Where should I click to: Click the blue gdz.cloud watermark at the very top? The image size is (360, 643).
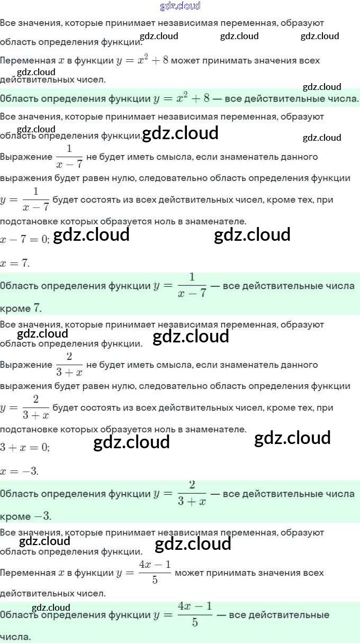[x=180, y=6]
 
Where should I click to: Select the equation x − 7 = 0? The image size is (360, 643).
[x=25, y=239]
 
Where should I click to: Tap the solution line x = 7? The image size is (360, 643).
[x=15, y=263]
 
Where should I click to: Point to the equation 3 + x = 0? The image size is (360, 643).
[x=25, y=447]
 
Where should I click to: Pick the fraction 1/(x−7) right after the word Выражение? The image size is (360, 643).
[x=69, y=157]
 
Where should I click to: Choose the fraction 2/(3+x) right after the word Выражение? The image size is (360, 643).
[x=69, y=365]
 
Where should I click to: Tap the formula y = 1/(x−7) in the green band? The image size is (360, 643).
[x=179, y=286]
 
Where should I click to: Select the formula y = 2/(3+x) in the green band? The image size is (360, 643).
[x=179, y=494]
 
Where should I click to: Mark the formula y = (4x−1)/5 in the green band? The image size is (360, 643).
[x=183, y=615]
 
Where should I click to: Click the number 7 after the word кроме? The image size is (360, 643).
[x=37, y=308]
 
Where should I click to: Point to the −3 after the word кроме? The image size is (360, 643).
[x=42, y=516]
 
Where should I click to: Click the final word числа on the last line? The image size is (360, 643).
[x=15, y=637]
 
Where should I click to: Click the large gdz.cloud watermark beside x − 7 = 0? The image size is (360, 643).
[x=92, y=234]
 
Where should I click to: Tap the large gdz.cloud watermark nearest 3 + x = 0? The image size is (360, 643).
[x=131, y=442]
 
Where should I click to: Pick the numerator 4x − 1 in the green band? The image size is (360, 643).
[x=195, y=606]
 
